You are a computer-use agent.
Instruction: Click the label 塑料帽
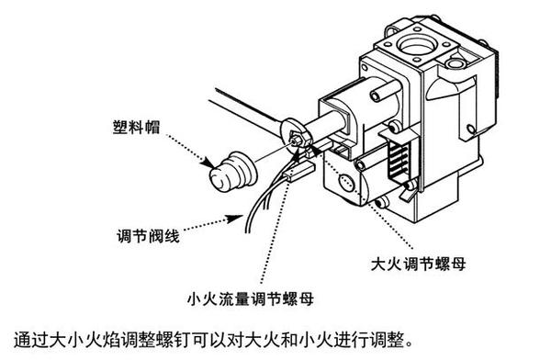click(136, 127)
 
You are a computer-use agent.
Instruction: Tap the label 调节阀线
click(148, 236)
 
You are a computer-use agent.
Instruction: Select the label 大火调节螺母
click(418, 264)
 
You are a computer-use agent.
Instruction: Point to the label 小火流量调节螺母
click(250, 298)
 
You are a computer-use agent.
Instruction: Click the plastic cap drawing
click(233, 172)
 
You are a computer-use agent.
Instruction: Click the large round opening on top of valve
click(417, 45)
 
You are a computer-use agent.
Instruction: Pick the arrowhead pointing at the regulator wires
click(234, 218)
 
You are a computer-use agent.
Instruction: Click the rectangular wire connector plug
click(300, 173)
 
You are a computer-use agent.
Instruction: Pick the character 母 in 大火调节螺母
click(459, 264)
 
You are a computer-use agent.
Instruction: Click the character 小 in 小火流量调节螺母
click(195, 298)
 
